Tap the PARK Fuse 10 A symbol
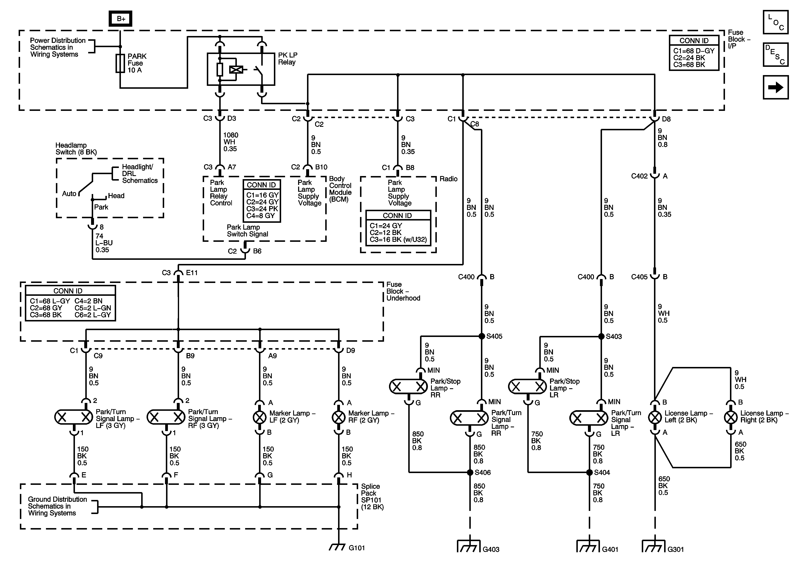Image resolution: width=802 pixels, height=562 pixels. pyautogui.click(x=120, y=63)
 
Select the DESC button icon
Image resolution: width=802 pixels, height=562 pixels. pyautogui.click(x=776, y=54)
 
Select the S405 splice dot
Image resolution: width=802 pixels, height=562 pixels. pyautogui.click(x=482, y=336)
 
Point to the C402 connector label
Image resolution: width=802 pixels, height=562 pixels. pyautogui.click(x=639, y=176)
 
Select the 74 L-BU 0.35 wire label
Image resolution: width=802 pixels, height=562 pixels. pyautogui.click(x=104, y=243)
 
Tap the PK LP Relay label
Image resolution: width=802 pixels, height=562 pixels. pyautogui.click(x=288, y=59)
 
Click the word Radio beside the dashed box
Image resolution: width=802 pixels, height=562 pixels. pyautogui.click(x=448, y=179)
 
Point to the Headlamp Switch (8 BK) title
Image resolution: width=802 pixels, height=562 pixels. pyautogui.click(x=76, y=149)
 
